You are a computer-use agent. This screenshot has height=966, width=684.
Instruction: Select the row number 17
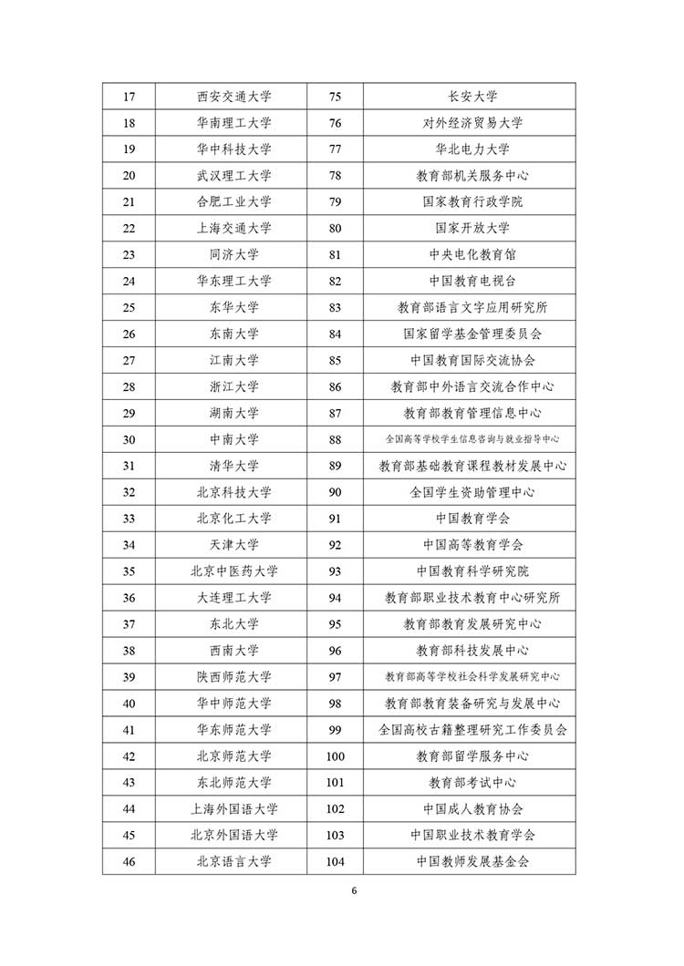point(129,97)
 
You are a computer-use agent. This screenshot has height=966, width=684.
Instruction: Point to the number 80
point(335,228)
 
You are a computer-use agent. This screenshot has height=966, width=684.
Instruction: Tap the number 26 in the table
point(129,334)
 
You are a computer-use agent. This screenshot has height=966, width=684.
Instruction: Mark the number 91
point(335,519)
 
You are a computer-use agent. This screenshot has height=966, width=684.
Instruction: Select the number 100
point(335,756)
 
